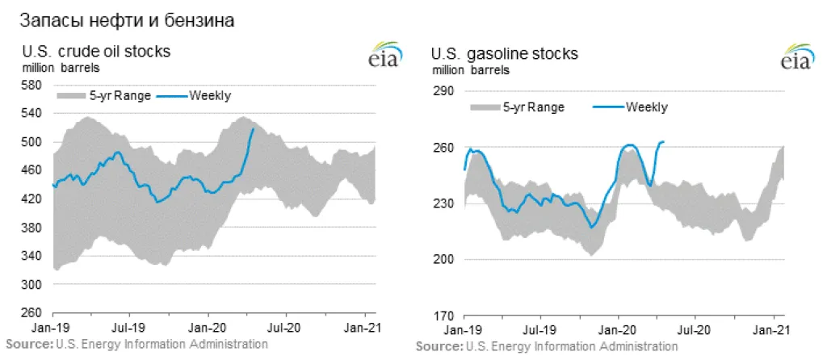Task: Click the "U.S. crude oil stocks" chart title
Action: (96, 52)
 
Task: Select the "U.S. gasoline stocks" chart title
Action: (504, 55)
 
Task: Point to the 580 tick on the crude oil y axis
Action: (32, 85)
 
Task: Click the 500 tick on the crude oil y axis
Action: (32, 142)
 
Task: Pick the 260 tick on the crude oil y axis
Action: (32, 313)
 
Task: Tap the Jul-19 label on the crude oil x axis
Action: (128, 329)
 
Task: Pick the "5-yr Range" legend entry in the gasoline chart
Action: (533, 107)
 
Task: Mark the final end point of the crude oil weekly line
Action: (254, 128)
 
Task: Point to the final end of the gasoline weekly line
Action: (663, 142)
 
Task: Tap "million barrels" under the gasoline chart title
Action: (471, 70)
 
